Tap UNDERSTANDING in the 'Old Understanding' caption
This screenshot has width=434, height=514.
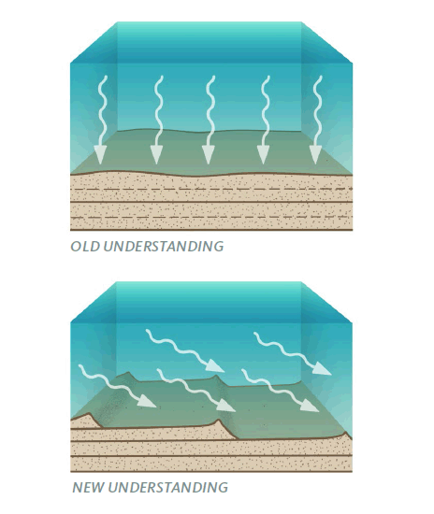point(163,247)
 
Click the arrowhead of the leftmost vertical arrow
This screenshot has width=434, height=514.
point(100,155)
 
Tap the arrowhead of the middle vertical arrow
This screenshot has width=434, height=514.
point(208,155)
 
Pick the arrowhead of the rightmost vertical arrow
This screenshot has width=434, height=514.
point(315,155)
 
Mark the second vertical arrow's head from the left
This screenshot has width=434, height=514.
point(156,155)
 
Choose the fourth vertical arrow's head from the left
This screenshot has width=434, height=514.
point(263,155)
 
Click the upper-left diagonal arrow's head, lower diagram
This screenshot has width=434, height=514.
point(215,365)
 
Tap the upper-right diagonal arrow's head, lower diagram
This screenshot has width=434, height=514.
point(322,369)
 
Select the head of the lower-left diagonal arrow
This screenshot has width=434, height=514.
point(147,401)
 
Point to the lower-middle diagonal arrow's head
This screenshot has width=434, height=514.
point(226,406)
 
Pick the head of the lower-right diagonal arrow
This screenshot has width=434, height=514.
point(310,406)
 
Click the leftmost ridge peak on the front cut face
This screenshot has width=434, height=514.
point(89,414)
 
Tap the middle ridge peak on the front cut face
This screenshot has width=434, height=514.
point(219,420)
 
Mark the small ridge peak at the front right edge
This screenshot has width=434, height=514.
point(345,433)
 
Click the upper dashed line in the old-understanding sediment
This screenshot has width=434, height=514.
point(211,189)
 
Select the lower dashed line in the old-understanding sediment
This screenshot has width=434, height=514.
point(211,217)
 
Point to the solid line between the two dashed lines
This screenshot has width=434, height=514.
point(211,202)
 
